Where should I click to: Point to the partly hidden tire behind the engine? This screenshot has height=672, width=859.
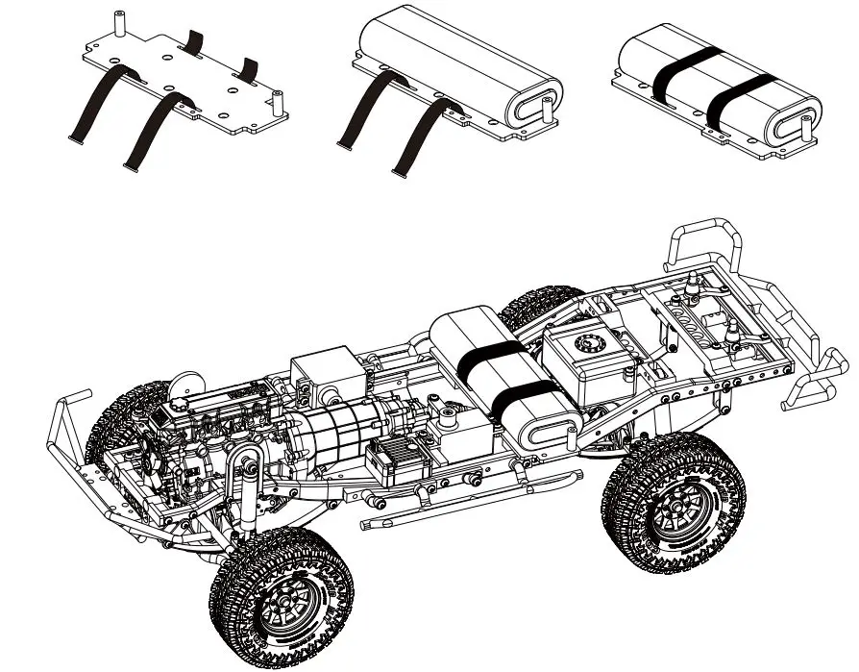(x=115, y=423)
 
